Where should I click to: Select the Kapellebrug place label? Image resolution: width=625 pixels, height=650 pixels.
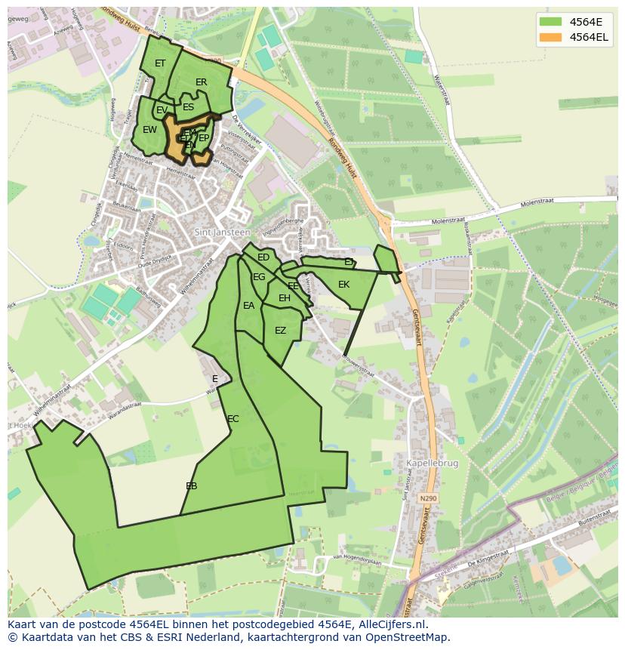click(x=432, y=464)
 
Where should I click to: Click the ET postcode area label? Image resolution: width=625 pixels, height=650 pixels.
click(x=160, y=63)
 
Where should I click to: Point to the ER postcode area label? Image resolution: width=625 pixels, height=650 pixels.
click(x=202, y=82)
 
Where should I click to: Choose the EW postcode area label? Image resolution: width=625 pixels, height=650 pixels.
click(x=149, y=130)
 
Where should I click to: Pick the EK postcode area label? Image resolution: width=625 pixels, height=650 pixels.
click(x=343, y=285)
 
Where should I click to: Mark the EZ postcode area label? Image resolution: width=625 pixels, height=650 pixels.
click(x=280, y=331)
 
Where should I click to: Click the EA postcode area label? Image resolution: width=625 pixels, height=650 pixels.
click(x=248, y=306)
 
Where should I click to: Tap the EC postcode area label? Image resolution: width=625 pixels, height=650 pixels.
click(x=233, y=419)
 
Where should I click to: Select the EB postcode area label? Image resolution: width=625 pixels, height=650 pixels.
click(x=192, y=486)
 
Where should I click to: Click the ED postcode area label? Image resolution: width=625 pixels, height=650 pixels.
click(x=263, y=257)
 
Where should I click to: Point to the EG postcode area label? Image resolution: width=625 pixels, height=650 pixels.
click(x=259, y=277)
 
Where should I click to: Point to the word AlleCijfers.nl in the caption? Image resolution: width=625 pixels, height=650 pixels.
click(x=392, y=624)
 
